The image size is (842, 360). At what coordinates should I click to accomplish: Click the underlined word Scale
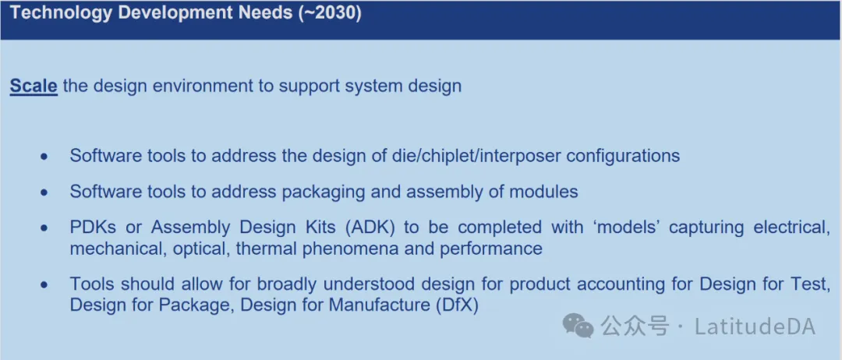[x=34, y=86]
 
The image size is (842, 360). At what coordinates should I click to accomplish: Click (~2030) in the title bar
[x=330, y=13]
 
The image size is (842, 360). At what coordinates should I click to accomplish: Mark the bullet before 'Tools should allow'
[x=45, y=284]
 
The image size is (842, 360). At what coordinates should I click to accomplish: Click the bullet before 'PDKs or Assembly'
[x=45, y=228]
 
